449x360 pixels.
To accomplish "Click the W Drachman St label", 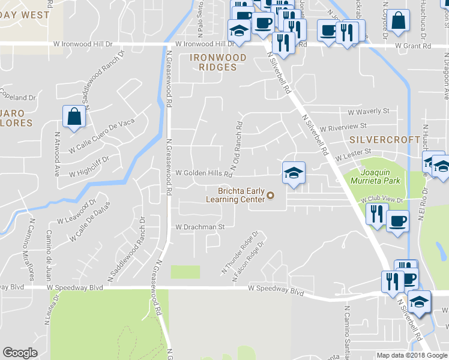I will click(199, 227).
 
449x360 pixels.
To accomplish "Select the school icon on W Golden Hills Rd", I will click(293, 173).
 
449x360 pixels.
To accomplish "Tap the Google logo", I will click(20, 353).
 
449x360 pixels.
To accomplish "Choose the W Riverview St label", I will click(343, 128).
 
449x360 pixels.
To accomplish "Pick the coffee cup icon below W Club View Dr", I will click(397, 221).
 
